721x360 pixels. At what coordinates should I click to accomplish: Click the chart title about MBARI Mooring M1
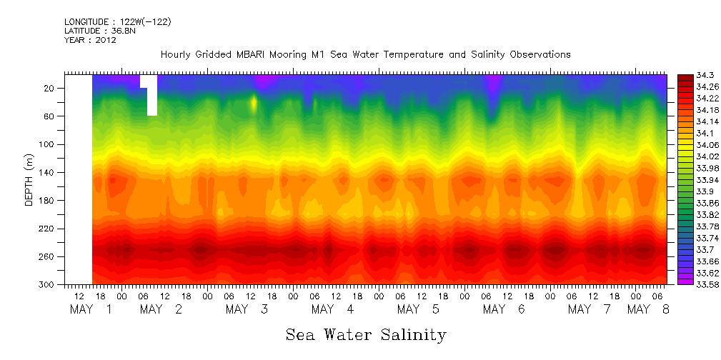(365, 54)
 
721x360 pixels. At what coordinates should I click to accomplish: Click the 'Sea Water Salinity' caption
(366, 334)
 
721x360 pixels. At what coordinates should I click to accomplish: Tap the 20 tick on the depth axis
(49, 88)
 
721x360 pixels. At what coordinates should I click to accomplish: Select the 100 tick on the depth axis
(47, 144)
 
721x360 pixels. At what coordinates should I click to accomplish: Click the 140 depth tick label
(47, 172)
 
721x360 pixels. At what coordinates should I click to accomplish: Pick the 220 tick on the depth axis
(47, 229)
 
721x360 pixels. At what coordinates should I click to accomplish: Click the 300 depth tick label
(47, 284)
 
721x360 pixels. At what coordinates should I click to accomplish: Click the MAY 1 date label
(90, 309)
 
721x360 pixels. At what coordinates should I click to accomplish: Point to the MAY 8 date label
(648, 309)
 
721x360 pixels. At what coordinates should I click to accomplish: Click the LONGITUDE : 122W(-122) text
(117, 22)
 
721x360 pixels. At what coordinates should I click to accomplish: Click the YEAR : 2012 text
(90, 40)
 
